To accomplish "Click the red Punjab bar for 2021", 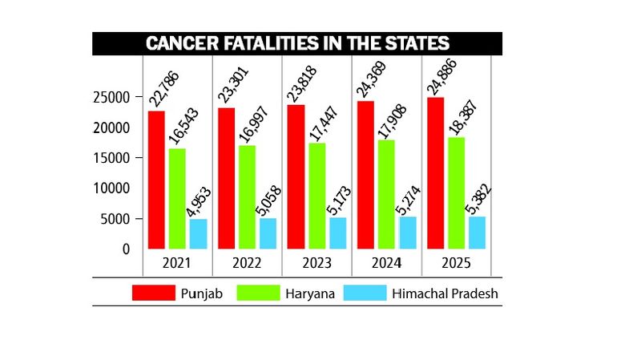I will click(x=156, y=180).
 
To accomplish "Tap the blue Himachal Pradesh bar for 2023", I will click(x=337, y=233).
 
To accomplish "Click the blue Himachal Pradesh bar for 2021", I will click(x=198, y=233).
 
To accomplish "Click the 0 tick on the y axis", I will click(x=125, y=249).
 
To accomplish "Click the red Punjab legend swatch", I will click(x=153, y=293).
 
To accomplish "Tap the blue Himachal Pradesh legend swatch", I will click(x=364, y=293).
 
